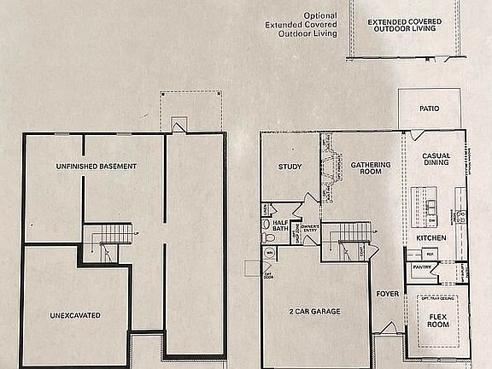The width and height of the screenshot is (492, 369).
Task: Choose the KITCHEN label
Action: [431, 237]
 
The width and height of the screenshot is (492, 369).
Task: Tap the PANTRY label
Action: [421, 267]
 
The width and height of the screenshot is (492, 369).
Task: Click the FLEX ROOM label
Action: [439, 321]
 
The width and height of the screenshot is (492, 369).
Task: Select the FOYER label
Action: [387, 294]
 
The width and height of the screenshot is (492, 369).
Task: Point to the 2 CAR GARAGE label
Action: [314, 312]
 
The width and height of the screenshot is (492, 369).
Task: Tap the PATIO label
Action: [430, 109]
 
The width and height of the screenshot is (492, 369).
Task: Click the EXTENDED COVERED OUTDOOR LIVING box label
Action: [401, 25]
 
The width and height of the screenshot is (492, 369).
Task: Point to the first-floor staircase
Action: [349, 232]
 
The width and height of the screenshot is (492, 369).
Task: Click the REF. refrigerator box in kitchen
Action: [430, 254]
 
